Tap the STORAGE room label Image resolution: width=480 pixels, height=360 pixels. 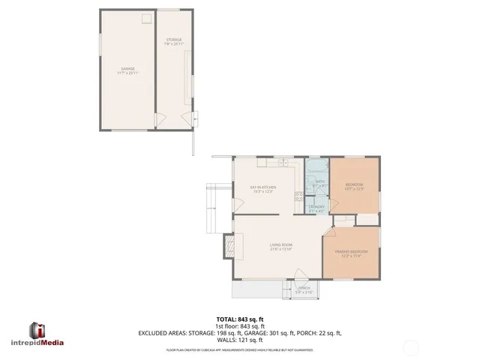173,40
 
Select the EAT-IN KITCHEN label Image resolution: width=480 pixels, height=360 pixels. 263,187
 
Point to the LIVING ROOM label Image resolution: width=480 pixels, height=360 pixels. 281,245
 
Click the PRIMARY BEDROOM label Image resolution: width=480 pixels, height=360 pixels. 352,251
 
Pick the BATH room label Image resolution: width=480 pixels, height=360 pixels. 319,181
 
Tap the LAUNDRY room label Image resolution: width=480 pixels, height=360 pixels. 316,206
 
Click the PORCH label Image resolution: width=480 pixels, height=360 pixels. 304,288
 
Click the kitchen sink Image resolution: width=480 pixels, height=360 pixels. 283,163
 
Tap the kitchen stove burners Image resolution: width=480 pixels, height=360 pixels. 298,197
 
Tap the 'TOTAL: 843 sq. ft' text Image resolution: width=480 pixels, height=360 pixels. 239,319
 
